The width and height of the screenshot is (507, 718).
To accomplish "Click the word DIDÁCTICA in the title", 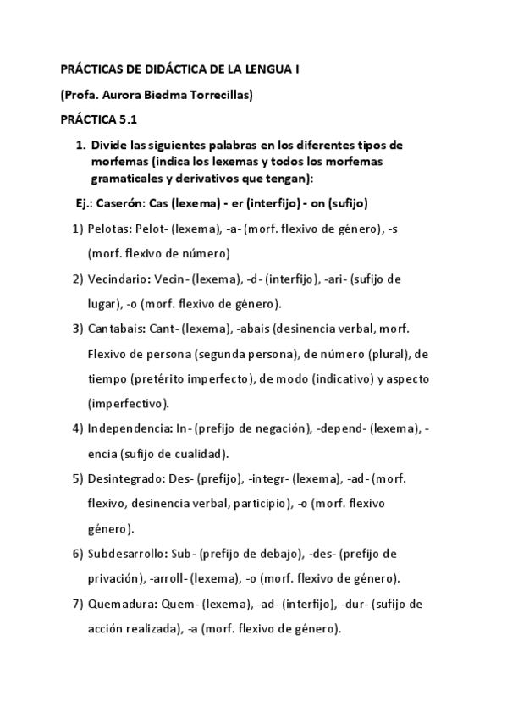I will [157, 73].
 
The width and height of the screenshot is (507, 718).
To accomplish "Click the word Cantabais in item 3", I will [114, 329].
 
